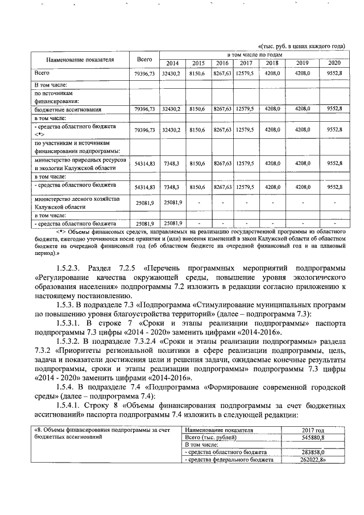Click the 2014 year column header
tap(172, 63)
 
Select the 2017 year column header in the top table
tap(246, 63)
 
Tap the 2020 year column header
tap(334, 63)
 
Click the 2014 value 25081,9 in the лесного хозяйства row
tap(171, 203)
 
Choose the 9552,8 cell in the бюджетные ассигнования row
tap(334, 108)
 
